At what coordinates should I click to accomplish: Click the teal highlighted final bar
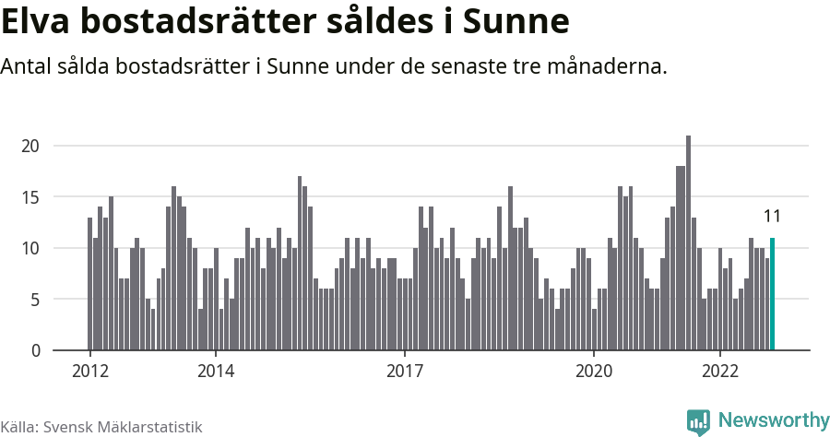(772, 294)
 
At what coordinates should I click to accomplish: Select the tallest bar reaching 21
(688, 243)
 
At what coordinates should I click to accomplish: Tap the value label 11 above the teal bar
(772, 217)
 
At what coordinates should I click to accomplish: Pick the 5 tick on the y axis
(34, 300)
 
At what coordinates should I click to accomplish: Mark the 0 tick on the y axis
(34, 350)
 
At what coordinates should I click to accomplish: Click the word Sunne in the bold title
(516, 21)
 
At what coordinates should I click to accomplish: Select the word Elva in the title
(39, 21)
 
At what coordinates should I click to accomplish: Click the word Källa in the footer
(18, 427)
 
